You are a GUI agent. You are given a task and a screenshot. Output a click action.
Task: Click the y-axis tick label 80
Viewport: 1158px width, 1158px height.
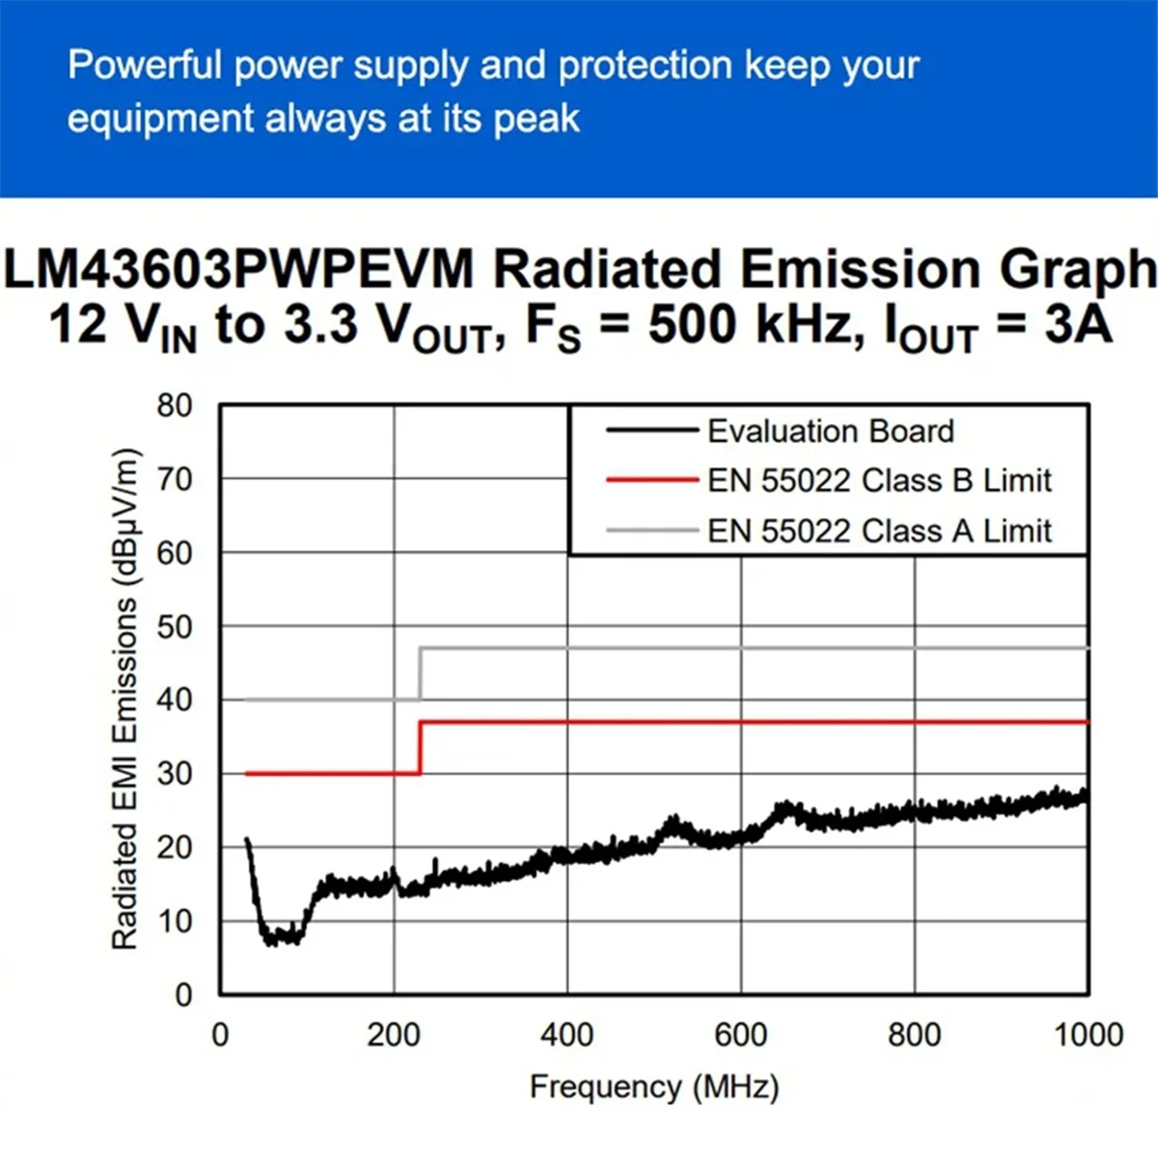(x=175, y=405)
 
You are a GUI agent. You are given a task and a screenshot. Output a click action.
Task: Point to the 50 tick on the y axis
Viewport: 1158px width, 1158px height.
(x=175, y=626)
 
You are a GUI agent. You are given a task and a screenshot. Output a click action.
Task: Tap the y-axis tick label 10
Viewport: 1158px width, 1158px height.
(x=175, y=921)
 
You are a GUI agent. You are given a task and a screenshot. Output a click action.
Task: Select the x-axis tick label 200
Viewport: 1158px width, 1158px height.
(x=394, y=1034)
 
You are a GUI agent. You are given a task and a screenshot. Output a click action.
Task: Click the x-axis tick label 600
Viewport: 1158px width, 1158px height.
(x=740, y=1034)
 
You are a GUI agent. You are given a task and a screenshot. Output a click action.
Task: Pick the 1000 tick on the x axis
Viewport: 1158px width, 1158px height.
(x=1088, y=1034)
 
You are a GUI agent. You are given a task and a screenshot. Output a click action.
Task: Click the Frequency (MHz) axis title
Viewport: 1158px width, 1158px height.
(x=654, y=1087)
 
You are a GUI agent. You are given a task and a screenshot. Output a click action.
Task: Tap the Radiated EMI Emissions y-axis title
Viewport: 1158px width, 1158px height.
(x=125, y=700)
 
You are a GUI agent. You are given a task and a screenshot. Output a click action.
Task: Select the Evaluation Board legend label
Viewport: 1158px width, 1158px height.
(x=830, y=430)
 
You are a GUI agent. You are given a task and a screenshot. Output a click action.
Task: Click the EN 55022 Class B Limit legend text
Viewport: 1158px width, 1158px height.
(x=879, y=481)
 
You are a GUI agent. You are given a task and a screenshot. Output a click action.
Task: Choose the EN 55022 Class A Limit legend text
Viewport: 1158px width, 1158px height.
(x=879, y=531)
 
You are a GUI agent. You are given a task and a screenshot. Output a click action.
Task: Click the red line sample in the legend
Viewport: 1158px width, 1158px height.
(x=651, y=480)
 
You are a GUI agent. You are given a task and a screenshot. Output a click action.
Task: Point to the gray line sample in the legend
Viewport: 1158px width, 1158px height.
(x=651, y=530)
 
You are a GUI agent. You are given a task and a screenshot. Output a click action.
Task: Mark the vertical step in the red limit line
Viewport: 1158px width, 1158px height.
(x=420, y=747)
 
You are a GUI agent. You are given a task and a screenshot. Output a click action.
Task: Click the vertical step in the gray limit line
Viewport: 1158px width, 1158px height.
(x=420, y=674)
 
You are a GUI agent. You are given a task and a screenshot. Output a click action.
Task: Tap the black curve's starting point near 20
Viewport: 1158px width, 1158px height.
(x=247, y=841)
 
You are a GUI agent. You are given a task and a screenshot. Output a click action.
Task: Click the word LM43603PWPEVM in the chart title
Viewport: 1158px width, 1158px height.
(x=239, y=269)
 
